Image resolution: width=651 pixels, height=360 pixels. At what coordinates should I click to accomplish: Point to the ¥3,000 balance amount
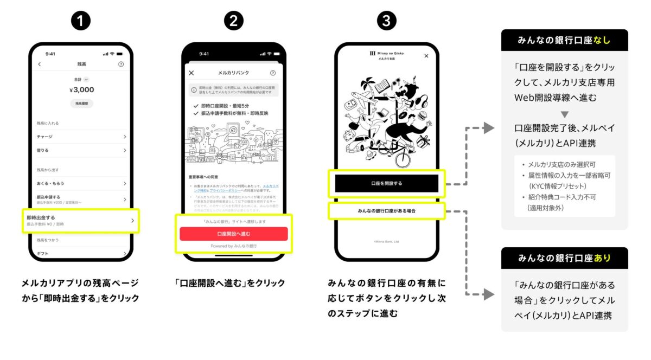81,89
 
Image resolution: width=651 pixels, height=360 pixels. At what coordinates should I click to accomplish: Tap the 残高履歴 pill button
81,102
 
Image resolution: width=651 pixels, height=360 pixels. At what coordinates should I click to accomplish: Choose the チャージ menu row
81,137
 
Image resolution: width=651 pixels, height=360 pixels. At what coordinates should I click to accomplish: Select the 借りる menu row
81,150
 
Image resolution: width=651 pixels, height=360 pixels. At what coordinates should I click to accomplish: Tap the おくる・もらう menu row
81,184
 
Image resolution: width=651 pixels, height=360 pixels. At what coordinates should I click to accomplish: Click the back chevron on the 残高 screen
39,65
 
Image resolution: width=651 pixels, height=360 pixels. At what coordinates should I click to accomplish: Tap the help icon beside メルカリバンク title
273,73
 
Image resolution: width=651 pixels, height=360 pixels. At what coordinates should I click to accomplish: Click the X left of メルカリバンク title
191,73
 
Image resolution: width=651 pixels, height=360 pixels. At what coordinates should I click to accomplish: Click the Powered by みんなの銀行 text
233,246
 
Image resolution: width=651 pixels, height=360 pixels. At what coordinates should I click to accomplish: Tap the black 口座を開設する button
386,183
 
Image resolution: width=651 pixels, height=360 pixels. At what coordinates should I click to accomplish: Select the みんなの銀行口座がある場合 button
386,210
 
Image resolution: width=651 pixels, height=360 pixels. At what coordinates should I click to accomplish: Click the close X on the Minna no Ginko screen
426,56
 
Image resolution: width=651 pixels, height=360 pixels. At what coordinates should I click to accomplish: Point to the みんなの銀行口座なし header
564,40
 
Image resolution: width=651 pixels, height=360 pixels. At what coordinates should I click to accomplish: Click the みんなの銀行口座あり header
564,258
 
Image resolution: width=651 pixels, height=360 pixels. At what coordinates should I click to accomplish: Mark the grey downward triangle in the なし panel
564,114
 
